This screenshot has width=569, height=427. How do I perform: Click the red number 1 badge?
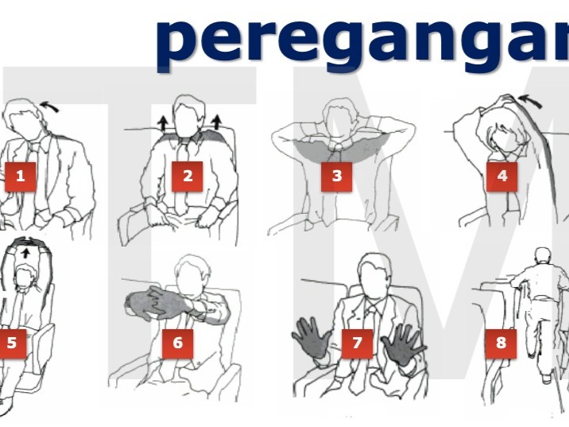point(20,176)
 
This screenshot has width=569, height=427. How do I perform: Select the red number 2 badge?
point(188,176)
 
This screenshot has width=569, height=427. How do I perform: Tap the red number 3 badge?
point(336,176)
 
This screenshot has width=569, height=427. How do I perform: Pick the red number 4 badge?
point(501,176)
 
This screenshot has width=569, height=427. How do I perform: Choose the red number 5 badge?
point(12,344)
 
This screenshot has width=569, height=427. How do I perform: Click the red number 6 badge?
point(177,344)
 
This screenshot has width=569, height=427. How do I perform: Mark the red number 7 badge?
point(358,344)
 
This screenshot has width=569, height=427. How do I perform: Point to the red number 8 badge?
point(501,344)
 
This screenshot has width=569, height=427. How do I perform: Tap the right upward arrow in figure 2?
point(216,120)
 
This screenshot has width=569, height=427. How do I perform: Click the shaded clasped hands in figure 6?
point(151,306)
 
